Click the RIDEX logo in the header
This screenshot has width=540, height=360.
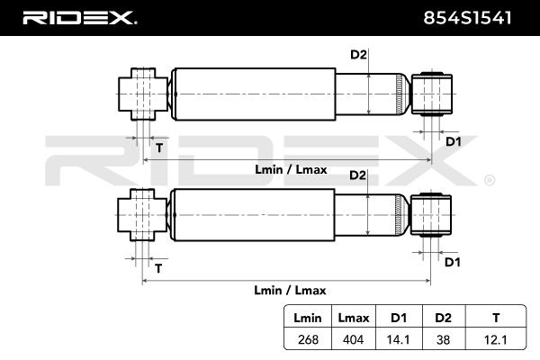tap(79, 18)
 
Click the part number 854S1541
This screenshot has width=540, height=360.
tap(467, 18)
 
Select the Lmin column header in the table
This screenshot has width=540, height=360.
tap(308, 318)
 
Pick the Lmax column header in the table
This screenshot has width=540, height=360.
tap(354, 318)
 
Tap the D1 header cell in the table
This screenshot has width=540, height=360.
tap(399, 318)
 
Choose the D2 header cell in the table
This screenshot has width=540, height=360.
tap(443, 318)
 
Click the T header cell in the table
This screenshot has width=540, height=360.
tap(496, 318)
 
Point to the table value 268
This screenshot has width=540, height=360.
tap(308, 339)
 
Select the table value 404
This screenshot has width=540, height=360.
tap(354, 339)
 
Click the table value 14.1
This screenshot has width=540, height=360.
tap(399, 339)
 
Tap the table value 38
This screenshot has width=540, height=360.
tap(443, 339)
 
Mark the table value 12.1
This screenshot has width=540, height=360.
tap(496, 339)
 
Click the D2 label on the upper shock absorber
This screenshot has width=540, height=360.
tap(358, 54)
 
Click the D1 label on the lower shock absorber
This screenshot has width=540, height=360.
tap(453, 262)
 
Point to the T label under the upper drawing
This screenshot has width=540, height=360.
tap(159, 148)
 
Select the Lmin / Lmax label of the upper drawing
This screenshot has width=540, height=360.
tap(291, 169)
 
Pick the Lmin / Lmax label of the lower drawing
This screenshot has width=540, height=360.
tap(290, 290)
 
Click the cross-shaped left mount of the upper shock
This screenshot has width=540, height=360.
tap(143, 94)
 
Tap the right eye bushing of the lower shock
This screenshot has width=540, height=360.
tap(431, 215)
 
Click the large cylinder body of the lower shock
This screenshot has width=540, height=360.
tap(253, 215)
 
